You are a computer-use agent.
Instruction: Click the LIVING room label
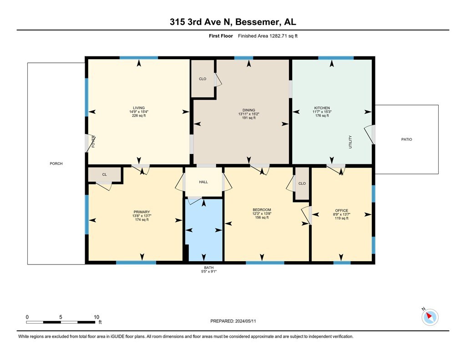pyautogui.click(x=139, y=108)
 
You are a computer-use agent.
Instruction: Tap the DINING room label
pyautogui.click(x=249, y=110)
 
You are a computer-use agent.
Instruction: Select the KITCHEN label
pyautogui.click(x=322, y=108)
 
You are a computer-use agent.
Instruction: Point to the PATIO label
pyautogui.click(x=406, y=139)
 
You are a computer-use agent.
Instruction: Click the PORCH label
pyautogui.click(x=56, y=163)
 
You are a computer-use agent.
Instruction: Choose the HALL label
pyautogui.click(x=203, y=182)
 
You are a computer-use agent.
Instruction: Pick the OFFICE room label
pyautogui.click(x=341, y=210)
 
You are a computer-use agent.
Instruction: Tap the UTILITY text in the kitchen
pyautogui.click(x=350, y=142)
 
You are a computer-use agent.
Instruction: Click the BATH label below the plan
pyautogui.click(x=208, y=268)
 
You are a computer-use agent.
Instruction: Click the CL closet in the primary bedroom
pyautogui.click(x=105, y=174)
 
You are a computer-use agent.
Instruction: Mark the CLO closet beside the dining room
pyautogui.click(x=203, y=79)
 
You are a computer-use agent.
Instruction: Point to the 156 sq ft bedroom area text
pyautogui.click(x=262, y=217)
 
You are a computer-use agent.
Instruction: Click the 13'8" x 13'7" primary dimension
pyautogui.click(x=142, y=216)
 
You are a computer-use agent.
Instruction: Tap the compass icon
pyautogui.click(x=430, y=317)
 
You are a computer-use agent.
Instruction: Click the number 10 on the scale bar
pyautogui.click(x=96, y=317)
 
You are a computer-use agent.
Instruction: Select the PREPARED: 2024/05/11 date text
pyautogui.click(x=233, y=321)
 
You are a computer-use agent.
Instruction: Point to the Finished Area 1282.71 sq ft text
pyautogui.click(x=268, y=36)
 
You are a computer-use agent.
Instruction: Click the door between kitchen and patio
pyautogui.click(x=370, y=134)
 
